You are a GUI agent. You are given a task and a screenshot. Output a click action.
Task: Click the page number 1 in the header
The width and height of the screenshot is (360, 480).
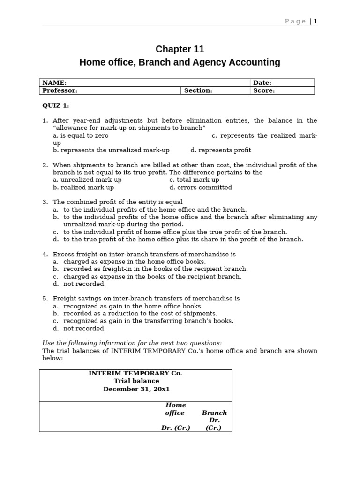(x=315, y=21)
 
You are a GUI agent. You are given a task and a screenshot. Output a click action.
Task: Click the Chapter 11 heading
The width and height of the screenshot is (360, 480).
(x=180, y=49)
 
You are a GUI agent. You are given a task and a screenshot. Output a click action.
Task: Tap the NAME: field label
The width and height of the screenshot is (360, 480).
(x=54, y=82)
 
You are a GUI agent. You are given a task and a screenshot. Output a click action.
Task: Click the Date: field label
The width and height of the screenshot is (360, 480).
(x=262, y=82)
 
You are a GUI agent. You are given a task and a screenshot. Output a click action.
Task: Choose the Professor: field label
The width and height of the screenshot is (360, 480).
(x=60, y=90)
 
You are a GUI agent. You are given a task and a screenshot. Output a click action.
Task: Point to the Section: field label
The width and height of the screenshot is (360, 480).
(x=198, y=90)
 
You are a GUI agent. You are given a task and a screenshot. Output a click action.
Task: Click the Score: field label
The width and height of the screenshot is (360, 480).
(x=264, y=90)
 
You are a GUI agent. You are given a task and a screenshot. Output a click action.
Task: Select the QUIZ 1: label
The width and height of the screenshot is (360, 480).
(x=56, y=105)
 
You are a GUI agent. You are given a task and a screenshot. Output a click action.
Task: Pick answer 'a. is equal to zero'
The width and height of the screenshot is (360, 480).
(x=81, y=135)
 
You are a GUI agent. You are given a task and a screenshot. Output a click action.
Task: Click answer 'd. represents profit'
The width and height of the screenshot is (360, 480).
(x=221, y=150)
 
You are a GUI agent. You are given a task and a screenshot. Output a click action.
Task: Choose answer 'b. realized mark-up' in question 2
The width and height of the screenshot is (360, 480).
(x=83, y=187)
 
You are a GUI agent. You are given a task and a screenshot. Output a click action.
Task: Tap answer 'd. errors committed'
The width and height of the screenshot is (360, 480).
(x=201, y=187)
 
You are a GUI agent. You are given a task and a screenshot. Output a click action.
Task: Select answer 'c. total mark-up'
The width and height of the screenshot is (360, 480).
(x=194, y=180)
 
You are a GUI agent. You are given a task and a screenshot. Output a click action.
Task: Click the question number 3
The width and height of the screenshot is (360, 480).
(x=45, y=202)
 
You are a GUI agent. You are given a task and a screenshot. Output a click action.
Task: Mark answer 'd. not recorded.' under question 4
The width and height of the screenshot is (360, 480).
(x=79, y=284)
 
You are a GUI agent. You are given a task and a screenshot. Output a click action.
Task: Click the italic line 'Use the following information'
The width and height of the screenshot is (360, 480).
(x=132, y=343)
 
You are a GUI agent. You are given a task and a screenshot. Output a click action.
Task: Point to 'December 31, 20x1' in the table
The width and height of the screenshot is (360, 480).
(x=136, y=389)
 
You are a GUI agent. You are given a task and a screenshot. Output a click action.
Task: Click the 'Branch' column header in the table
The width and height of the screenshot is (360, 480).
(x=214, y=413)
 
